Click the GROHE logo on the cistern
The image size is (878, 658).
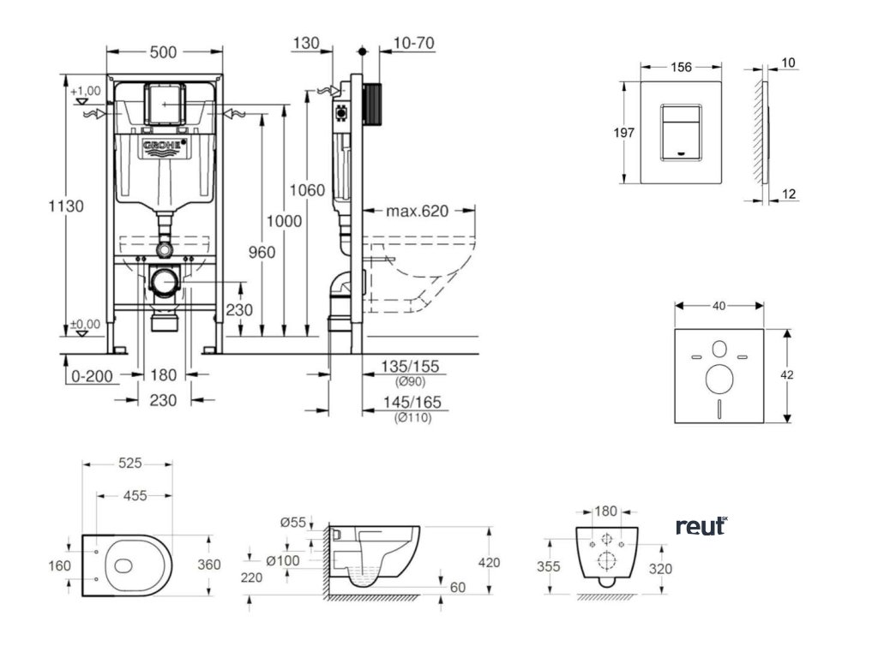pos(164,147)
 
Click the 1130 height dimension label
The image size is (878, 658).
pos(65,206)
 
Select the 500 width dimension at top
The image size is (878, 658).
pos(162,52)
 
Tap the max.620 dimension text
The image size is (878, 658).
pos(418,211)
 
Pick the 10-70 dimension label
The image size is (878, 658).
pos(412,42)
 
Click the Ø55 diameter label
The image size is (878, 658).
pos(295,522)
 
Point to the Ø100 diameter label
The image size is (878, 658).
pos(284,560)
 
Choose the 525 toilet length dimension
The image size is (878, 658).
pos(129,464)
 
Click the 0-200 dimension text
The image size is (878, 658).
pos(92,375)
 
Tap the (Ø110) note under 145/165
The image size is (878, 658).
pos(412,418)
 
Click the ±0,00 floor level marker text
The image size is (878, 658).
pos(86,324)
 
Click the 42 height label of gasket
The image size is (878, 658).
pos(799,374)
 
